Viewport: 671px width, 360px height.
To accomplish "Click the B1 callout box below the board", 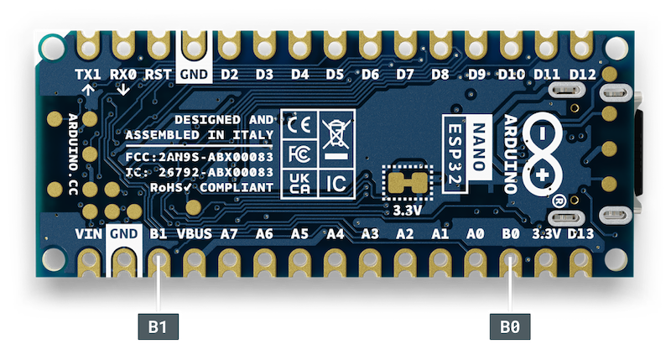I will click(x=158, y=324).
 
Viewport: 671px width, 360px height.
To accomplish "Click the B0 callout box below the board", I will click(x=508, y=324).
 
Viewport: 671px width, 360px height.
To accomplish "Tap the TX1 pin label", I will click(x=88, y=74).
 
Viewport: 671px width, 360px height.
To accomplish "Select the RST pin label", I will click(x=159, y=74).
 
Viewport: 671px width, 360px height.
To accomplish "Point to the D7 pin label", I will click(x=405, y=74).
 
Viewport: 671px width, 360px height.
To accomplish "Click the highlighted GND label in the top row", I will click(x=194, y=74).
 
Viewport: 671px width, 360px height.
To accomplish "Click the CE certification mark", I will click(x=298, y=125).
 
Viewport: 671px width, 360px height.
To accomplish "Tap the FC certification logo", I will click(x=298, y=154).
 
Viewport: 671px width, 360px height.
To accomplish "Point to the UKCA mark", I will click(x=298, y=182).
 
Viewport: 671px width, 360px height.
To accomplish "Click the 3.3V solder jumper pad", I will click(x=406, y=180).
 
